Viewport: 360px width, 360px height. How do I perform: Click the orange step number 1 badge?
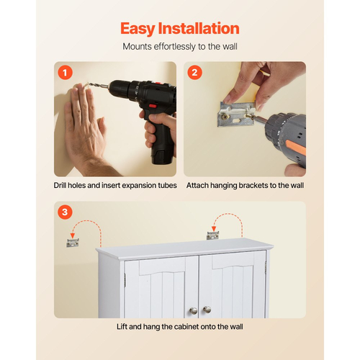pyautogui.click(x=65, y=73)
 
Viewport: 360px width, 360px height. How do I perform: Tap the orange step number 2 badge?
pyautogui.click(x=194, y=73)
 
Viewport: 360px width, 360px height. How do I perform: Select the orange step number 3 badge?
pyautogui.click(x=65, y=212)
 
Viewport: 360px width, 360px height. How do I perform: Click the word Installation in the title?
pyautogui.click(x=199, y=28)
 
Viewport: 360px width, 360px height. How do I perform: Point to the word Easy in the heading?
pyautogui.click(x=138, y=29)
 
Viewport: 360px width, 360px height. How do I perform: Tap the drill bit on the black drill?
pyautogui.click(x=98, y=86)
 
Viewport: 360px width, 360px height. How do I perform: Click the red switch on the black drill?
pyautogui.click(x=153, y=106)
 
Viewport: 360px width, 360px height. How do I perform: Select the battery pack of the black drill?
pyautogui.click(x=162, y=155)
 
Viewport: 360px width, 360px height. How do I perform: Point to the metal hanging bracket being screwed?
pyautogui.click(x=236, y=114)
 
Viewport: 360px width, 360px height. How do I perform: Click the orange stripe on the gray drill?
pyautogui.click(x=295, y=147)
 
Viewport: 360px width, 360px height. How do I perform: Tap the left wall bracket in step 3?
pyautogui.click(x=73, y=243)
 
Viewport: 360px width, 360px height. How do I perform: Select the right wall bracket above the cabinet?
pyautogui.click(x=213, y=235)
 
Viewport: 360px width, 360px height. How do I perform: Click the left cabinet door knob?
pyautogui.click(x=193, y=311)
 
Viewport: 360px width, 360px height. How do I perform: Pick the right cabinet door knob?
pyautogui.click(x=207, y=310)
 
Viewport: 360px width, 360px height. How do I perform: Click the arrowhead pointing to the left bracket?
pyautogui.click(x=73, y=235)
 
